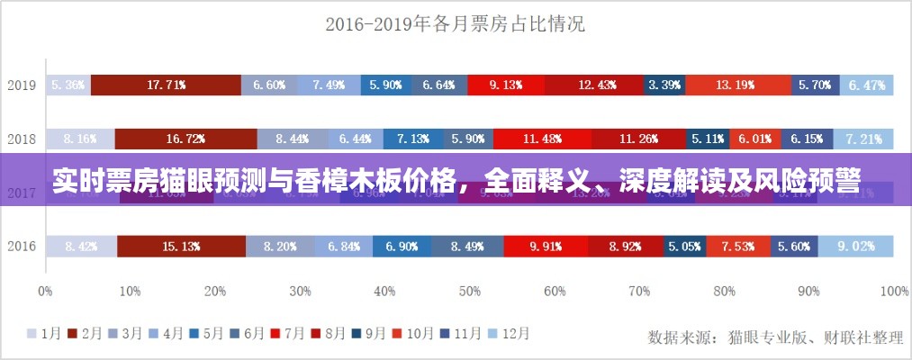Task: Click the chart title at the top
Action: [455, 24]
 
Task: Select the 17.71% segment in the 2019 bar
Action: [166, 85]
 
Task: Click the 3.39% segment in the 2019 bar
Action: [664, 85]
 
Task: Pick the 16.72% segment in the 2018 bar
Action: [185, 139]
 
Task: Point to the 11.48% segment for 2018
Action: [542, 139]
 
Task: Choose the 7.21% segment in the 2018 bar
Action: [863, 139]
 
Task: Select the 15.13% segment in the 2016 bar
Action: [181, 247]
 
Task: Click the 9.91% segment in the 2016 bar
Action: [545, 247]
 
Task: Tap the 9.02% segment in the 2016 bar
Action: [855, 247]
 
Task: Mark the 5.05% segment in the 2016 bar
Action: [684, 247]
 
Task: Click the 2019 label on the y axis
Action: [22, 85]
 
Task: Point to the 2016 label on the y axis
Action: [22, 247]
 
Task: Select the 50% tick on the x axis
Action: [469, 292]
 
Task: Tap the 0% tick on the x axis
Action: [45, 292]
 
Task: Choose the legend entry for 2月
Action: [86, 334]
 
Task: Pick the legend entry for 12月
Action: [509, 334]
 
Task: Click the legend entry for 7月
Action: [287, 334]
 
